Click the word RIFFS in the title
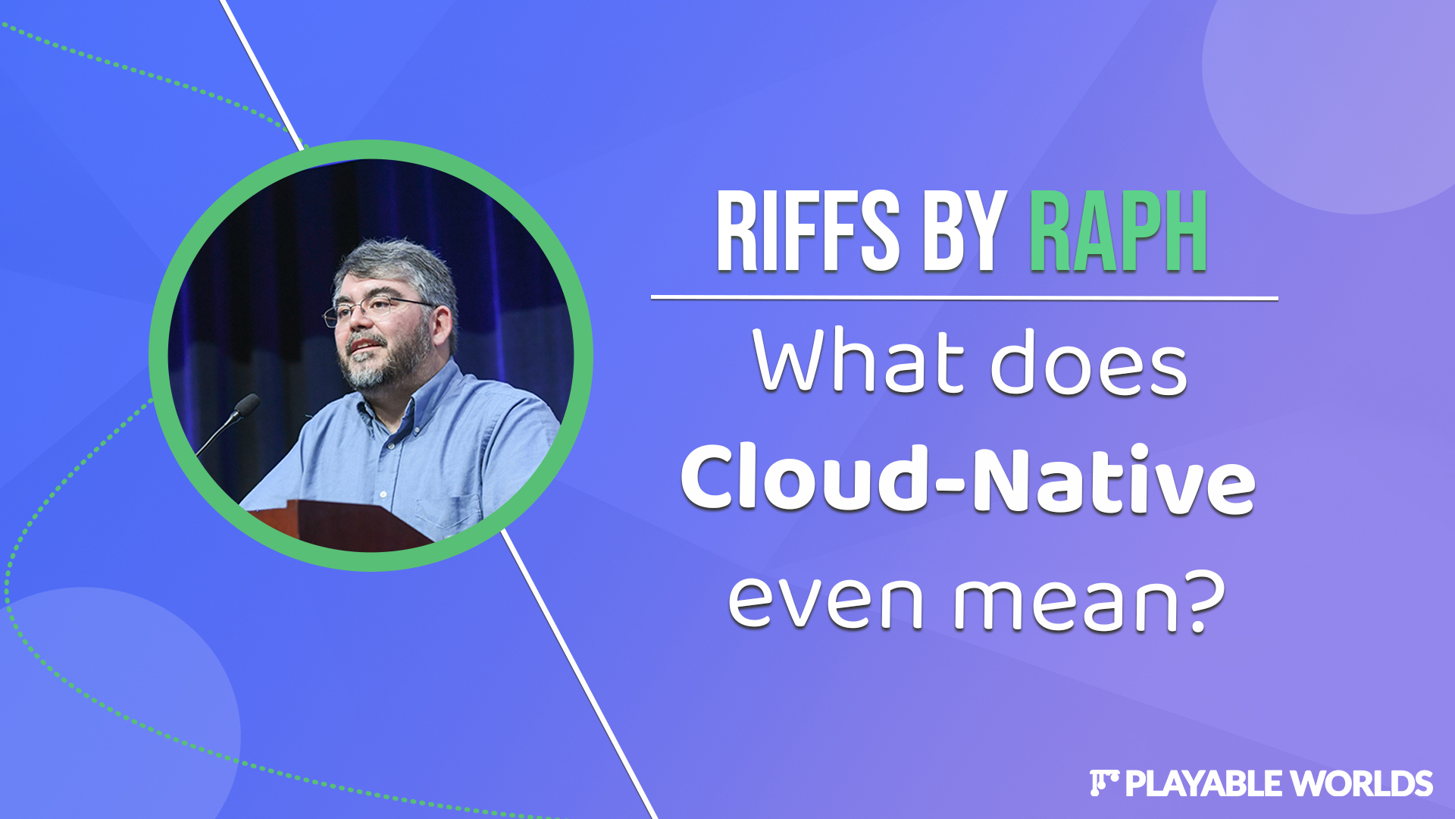(x=808, y=231)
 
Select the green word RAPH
(x=1118, y=231)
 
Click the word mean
(x=1065, y=602)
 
